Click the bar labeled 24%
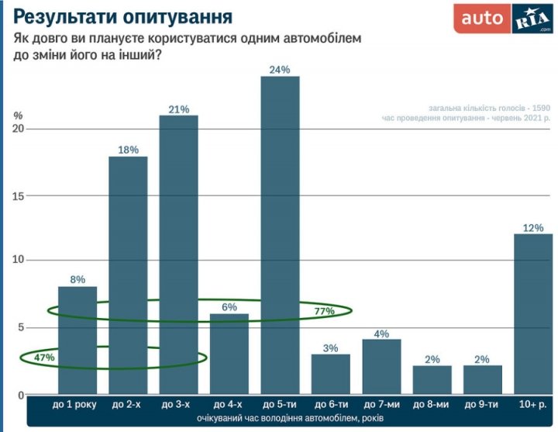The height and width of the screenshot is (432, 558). coord(280,233)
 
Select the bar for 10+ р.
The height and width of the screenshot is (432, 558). coord(533,314)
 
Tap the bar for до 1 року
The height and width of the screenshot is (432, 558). coord(77,341)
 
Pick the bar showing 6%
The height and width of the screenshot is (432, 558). coord(229,354)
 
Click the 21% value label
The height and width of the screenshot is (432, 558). coord(179,109)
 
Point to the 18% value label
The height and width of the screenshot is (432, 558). coord(129,150)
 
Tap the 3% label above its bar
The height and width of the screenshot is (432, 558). coord(331,348)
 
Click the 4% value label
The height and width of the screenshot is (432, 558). coord(381,334)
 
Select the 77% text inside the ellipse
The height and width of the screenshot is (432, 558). coord(324,311)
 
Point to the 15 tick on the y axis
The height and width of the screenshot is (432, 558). coord(19,196)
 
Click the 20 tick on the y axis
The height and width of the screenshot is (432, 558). coord(19,129)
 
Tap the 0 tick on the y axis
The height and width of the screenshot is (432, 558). coord(22,396)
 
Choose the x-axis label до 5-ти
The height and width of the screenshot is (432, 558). coord(280,405)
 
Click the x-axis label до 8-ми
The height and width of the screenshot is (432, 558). coord(432,405)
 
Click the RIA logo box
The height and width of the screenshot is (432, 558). coord(532,18)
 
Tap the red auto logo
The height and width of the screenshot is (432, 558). coord(482,18)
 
